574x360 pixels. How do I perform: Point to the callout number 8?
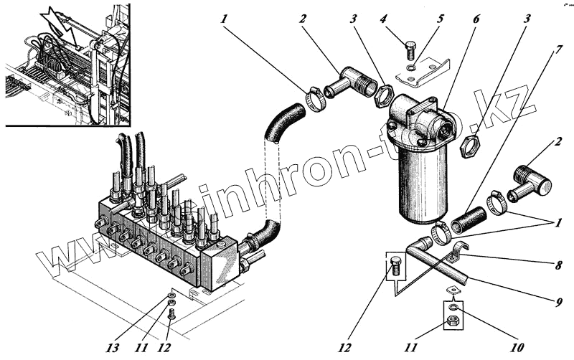(x=557, y=264)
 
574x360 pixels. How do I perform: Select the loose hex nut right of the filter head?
(x=472, y=144)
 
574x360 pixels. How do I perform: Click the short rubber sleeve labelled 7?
(x=471, y=221)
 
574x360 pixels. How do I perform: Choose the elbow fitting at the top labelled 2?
(x=346, y=81)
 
